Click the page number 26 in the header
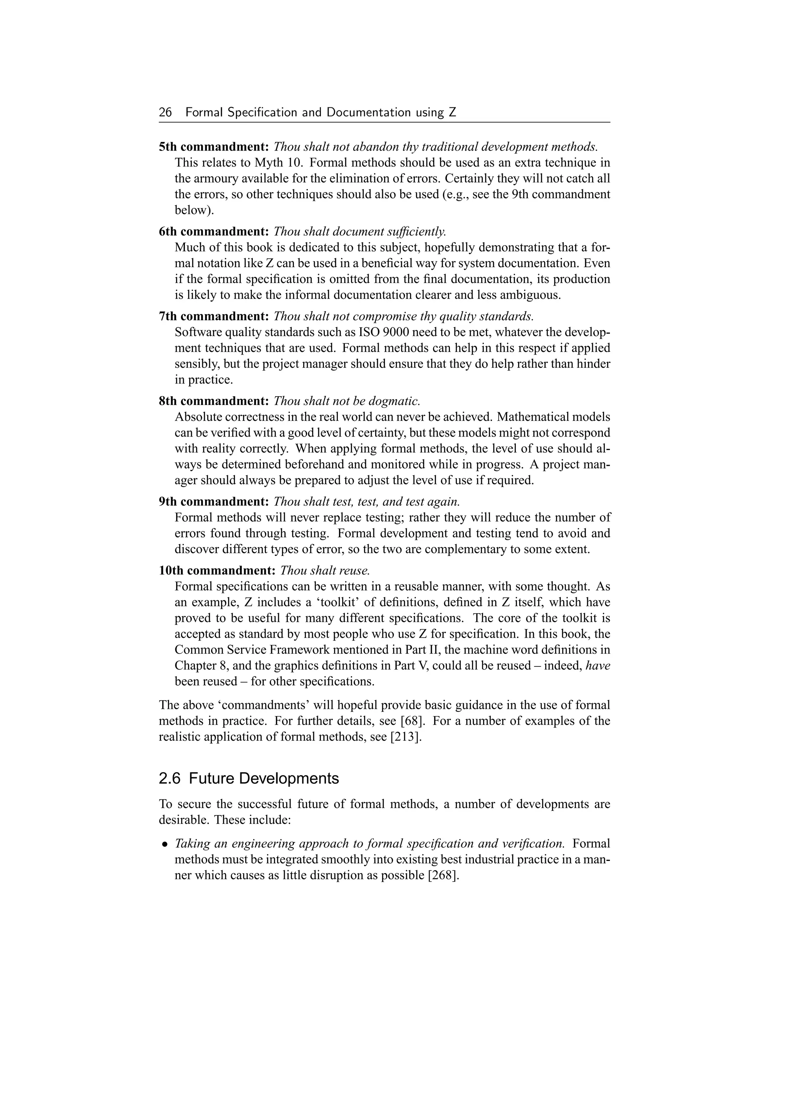[165, 113]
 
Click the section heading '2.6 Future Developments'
[249, 778]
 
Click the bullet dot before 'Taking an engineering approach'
[165, 844]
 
